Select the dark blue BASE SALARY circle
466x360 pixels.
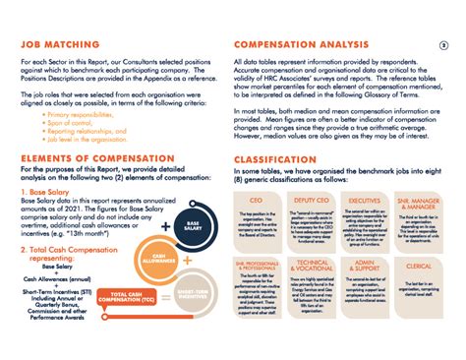pyautogui.click(x=191, y=226)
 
